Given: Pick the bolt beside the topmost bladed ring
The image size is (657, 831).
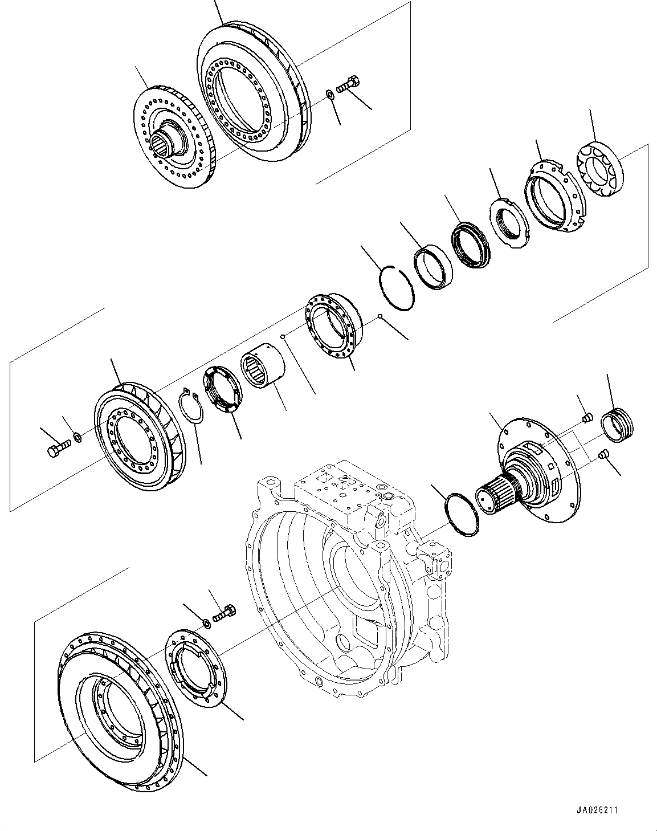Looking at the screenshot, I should point(348,84).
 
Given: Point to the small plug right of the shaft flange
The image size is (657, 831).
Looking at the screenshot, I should point(605,454).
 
